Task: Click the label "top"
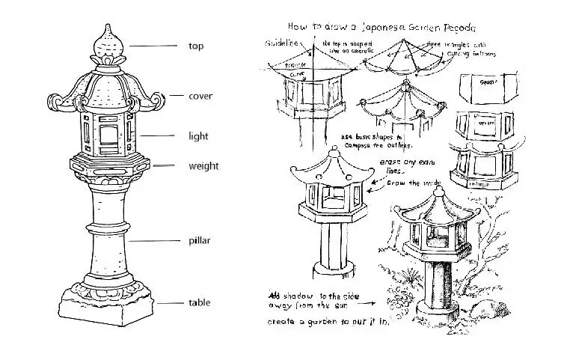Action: pos(195,46)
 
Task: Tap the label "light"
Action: pos(198,136)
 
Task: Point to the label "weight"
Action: pos(203,165)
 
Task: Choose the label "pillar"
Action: pos(200,241)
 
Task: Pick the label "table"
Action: pos(199,302)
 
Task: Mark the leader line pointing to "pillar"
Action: pos(153,241)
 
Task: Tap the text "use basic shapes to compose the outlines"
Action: pos(371,141)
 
